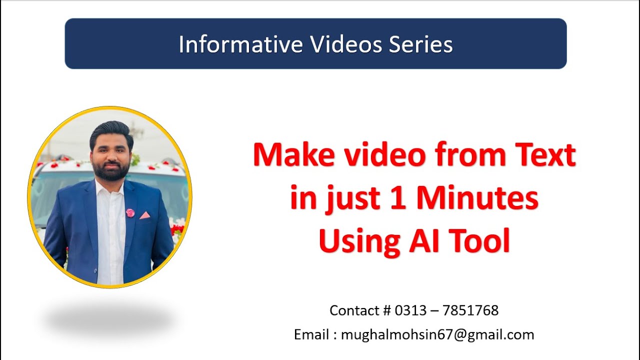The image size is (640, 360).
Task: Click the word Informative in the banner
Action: point(240,44)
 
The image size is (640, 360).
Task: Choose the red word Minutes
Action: point(477,198)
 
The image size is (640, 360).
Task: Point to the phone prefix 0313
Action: point(409,310)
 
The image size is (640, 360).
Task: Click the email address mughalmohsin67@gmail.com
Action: point(437,334)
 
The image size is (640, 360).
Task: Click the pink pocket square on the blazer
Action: point(144,215)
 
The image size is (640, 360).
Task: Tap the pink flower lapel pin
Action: point(130,213)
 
